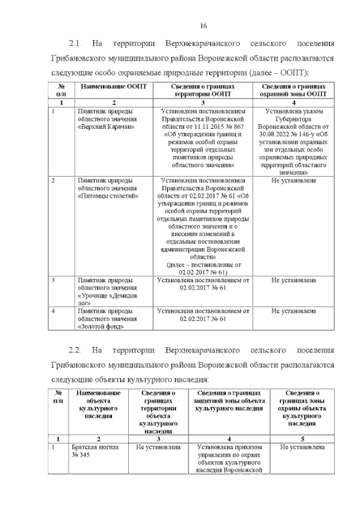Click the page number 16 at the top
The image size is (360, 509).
tap(204, 24)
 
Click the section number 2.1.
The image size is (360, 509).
tap(76, 43)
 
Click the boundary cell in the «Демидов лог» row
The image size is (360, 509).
tap(202, 283)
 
